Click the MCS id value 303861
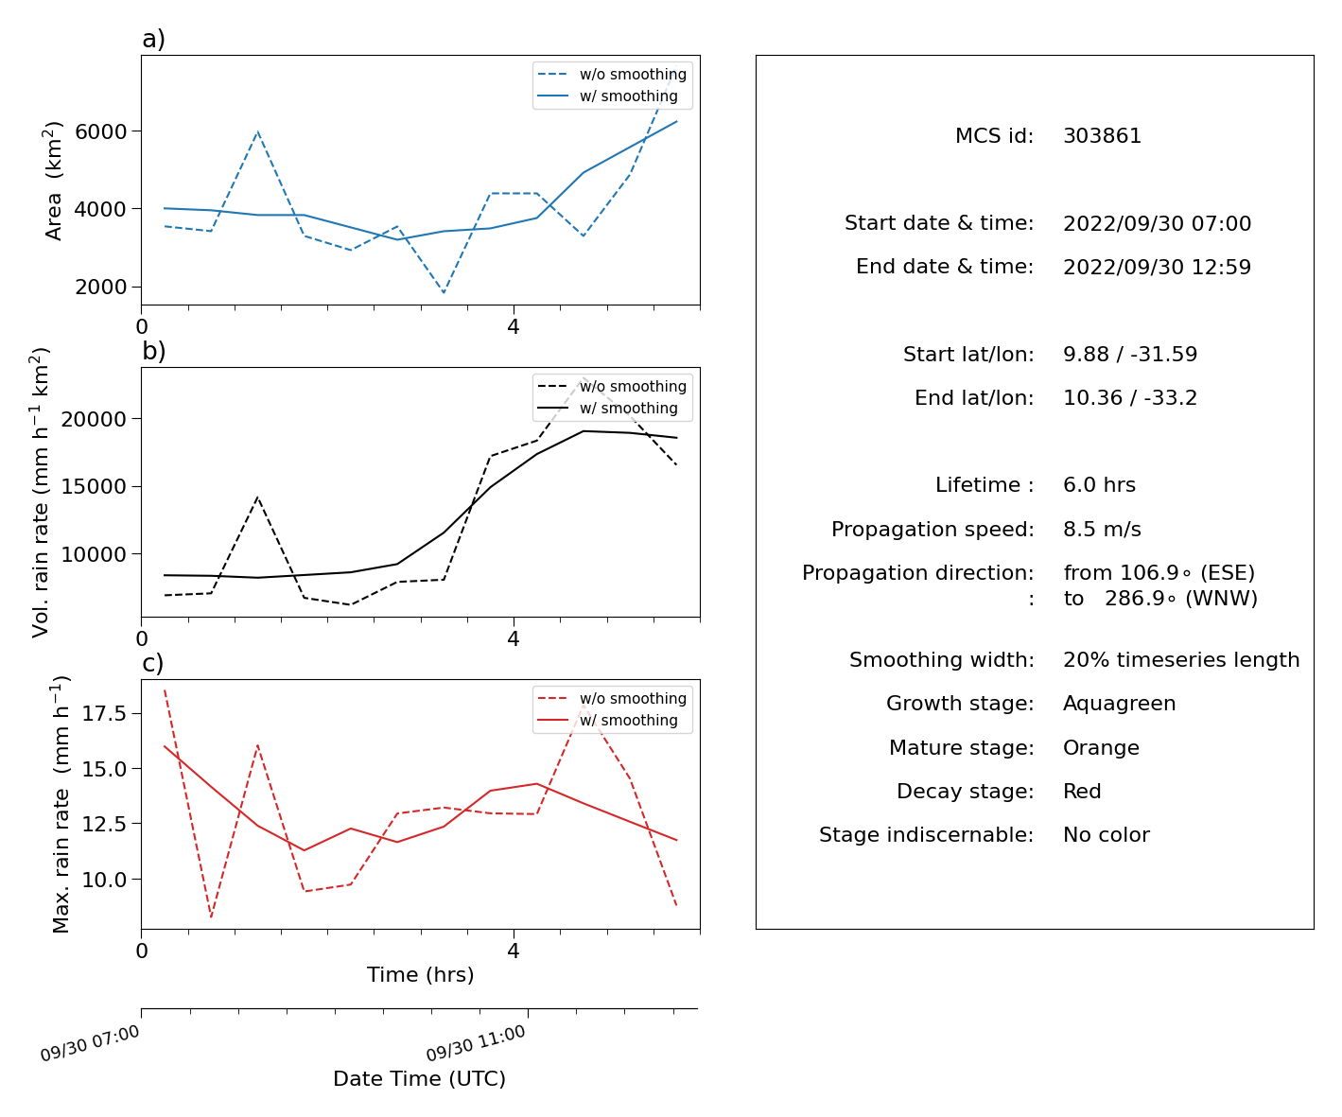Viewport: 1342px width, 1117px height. pos(1102,135)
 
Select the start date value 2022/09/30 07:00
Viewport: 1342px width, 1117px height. pos(1157,223)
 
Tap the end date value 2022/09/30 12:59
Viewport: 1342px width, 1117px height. pos(1157,267)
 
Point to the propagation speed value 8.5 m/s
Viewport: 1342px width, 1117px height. pos(1102,529)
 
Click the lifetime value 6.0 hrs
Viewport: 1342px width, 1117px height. pos(1099,484)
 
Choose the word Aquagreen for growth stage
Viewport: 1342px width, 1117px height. pos(1119,704)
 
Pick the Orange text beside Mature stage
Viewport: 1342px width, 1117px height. pos(1101,747)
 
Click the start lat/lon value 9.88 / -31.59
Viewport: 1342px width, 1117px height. pos(1130,354)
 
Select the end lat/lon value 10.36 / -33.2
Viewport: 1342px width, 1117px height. pos(1130,398)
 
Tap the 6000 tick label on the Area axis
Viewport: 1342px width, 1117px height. pos(100,131)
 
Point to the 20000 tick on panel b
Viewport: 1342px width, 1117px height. pos(94,419)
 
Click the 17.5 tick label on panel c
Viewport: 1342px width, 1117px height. pos(104,713)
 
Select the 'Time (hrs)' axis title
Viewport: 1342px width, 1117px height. pos(420,974)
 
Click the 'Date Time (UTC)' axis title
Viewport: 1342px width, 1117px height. pos(419,1078)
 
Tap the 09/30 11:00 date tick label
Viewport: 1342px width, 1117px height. pos(476,1043)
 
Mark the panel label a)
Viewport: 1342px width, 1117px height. pos(153,39)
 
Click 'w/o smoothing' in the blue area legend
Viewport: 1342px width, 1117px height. pos(633,75)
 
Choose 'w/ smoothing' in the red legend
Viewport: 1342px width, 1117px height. pos(629,720)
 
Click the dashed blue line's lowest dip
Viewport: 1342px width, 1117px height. pos(444,293)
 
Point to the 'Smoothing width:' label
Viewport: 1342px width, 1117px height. pos(942,660)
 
